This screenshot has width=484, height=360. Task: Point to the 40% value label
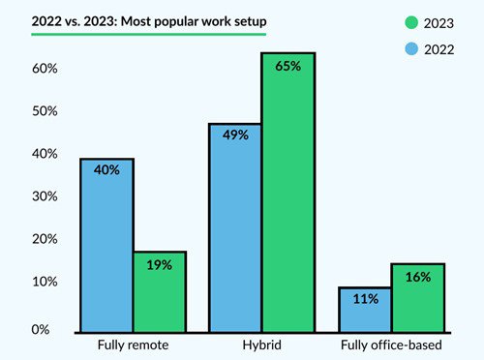106,170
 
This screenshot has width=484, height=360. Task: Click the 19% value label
160,263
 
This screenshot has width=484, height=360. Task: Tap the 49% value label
235,135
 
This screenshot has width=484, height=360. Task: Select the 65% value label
288,66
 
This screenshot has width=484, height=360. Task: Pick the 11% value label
365,299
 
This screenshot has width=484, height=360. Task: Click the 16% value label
418,276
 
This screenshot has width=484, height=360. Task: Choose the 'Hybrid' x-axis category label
261,345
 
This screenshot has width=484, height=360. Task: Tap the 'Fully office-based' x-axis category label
391,345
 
